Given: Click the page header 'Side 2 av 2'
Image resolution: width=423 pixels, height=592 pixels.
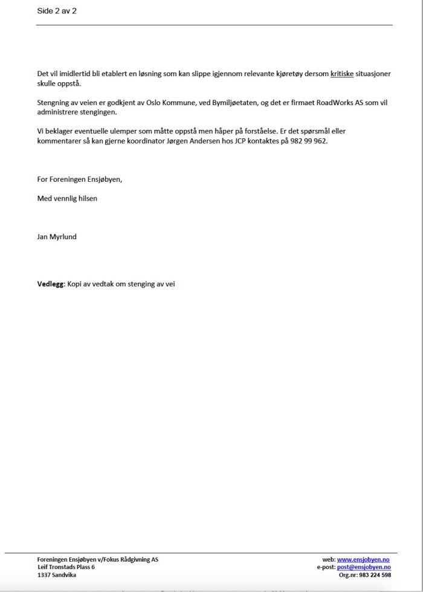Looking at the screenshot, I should click(x=57, y=11).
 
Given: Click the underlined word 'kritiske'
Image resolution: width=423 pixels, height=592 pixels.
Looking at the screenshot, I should click(x=341, y=74).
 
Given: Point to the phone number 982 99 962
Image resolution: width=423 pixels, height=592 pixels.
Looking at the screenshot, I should click(x=311, y=141).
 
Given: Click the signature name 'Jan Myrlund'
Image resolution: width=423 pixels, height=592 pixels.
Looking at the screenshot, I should click(x=57, y=237).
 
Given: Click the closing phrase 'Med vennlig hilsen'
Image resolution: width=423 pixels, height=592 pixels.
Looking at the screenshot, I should click(x=66, y=198).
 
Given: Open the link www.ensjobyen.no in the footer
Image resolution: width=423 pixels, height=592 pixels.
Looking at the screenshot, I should click(x=363, y=560).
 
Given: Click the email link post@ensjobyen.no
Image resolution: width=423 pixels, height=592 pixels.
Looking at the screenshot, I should click(x=363, y=567).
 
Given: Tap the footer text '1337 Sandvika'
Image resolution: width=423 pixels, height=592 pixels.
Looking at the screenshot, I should click(x=57, y=575).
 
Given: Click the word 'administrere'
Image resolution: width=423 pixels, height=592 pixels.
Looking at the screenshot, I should click(x=57, y=112).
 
